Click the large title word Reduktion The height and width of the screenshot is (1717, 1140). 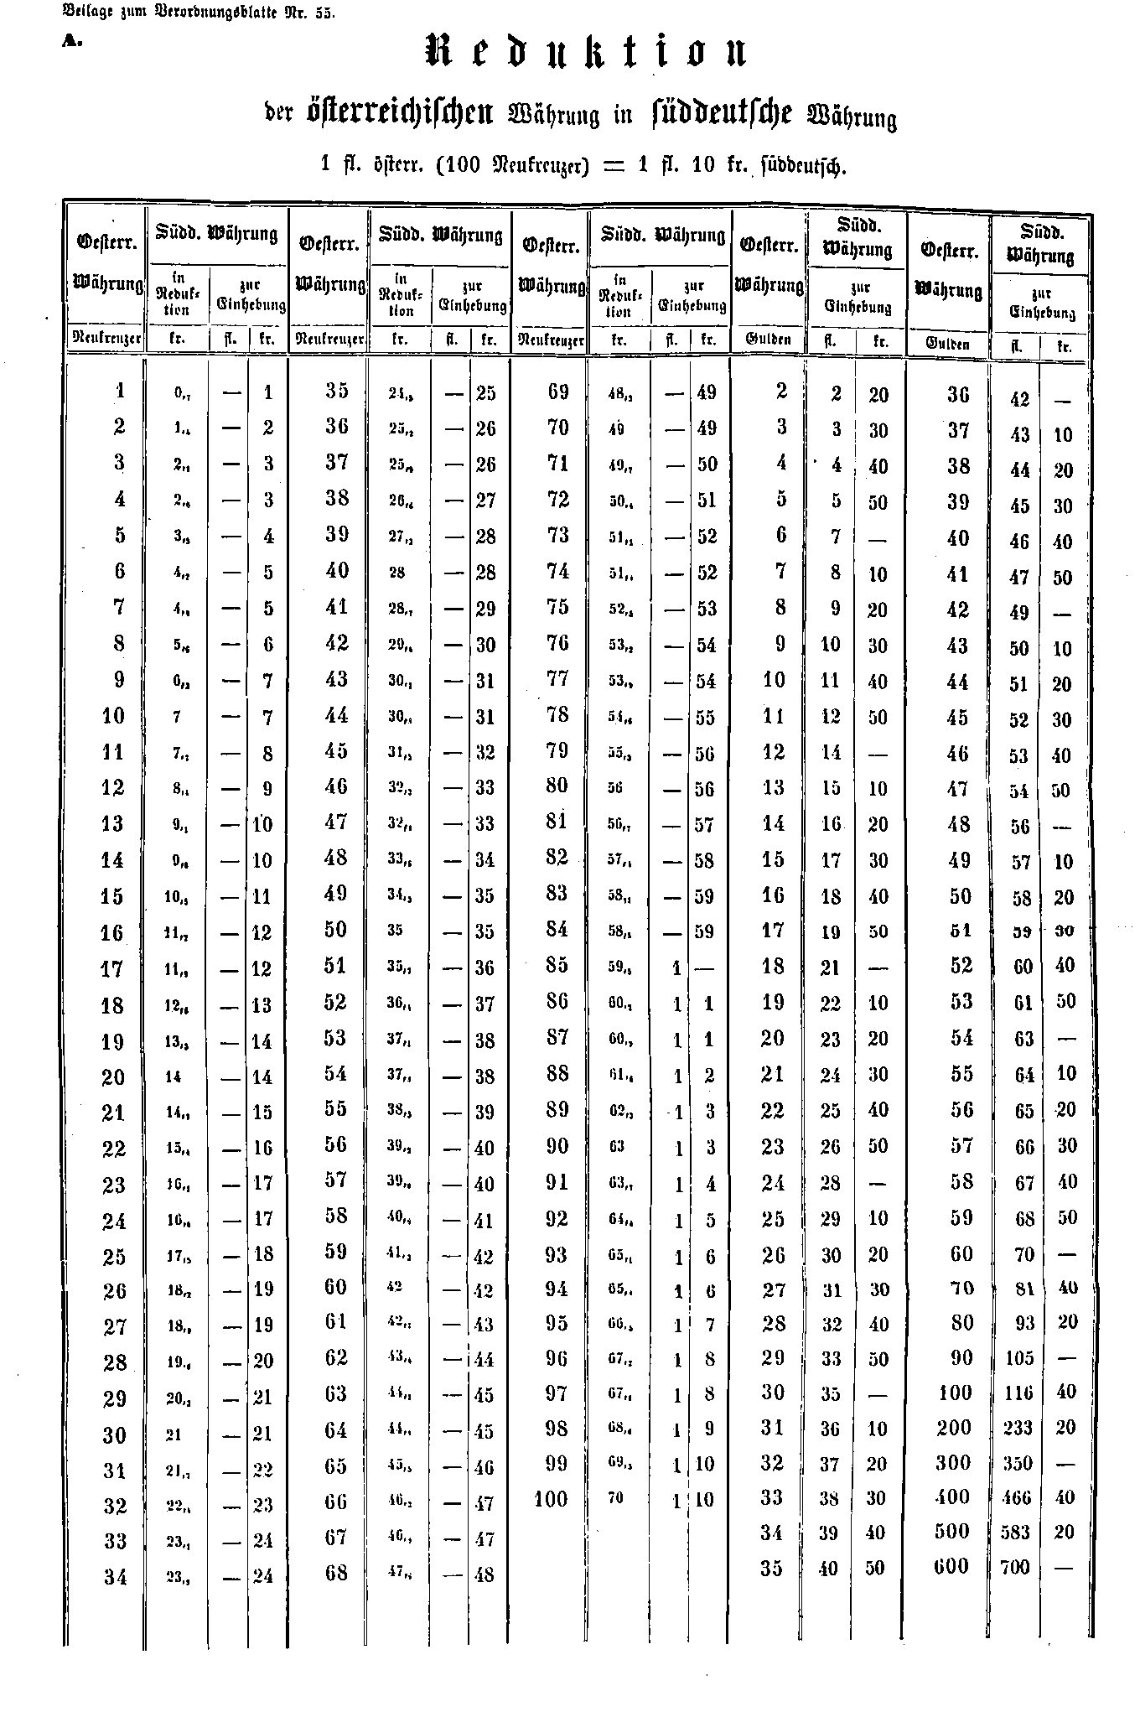[x=586, y=53]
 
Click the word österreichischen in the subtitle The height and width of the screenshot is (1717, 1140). [x=402, y=112]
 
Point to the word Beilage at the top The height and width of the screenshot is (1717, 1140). [x=83, y=13]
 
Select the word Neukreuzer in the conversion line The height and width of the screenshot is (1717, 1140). [x=533, y=164]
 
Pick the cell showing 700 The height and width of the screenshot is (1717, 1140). [x=1015, y=1567]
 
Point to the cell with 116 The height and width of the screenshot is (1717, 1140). [x=1018, y=1393]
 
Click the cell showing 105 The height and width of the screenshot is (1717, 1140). [x=1018, y=1358]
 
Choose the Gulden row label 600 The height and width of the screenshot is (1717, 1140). [x=951, y=1566]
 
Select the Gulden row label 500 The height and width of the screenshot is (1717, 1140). [x=951, y=1531]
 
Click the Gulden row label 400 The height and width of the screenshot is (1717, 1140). [x=951, y=1497]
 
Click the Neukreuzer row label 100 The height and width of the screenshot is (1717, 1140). [x=551, y=1498]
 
